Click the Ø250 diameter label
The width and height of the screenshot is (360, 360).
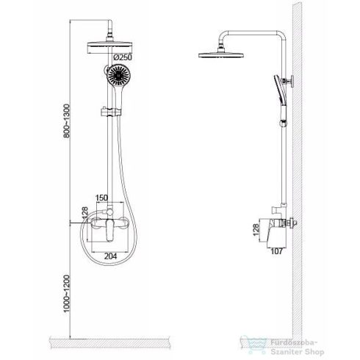pyautogui.click(x=123, y=57)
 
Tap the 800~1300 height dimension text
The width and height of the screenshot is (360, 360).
pyautogui.click(x=67, y=121)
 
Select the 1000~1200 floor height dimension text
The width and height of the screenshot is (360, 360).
pyautogui.click(x=67, y=294)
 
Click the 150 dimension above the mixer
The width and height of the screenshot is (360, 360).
pyautogui.click(x=101, y=198)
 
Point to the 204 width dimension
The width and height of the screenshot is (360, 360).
pyautogui.click(x=111, y=256)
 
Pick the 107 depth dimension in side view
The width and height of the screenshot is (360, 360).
pyautogui.click(x=277, y=251)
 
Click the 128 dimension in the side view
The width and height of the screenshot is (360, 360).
pyautogui.click(x=256, y=230)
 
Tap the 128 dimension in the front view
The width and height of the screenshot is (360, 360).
pyautogui.click(x=84, y=213)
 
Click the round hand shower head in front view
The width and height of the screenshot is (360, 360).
pyautogui.click(x=119, y=75)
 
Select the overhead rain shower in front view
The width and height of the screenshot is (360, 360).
pyautogui.click(x=109, y=48)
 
